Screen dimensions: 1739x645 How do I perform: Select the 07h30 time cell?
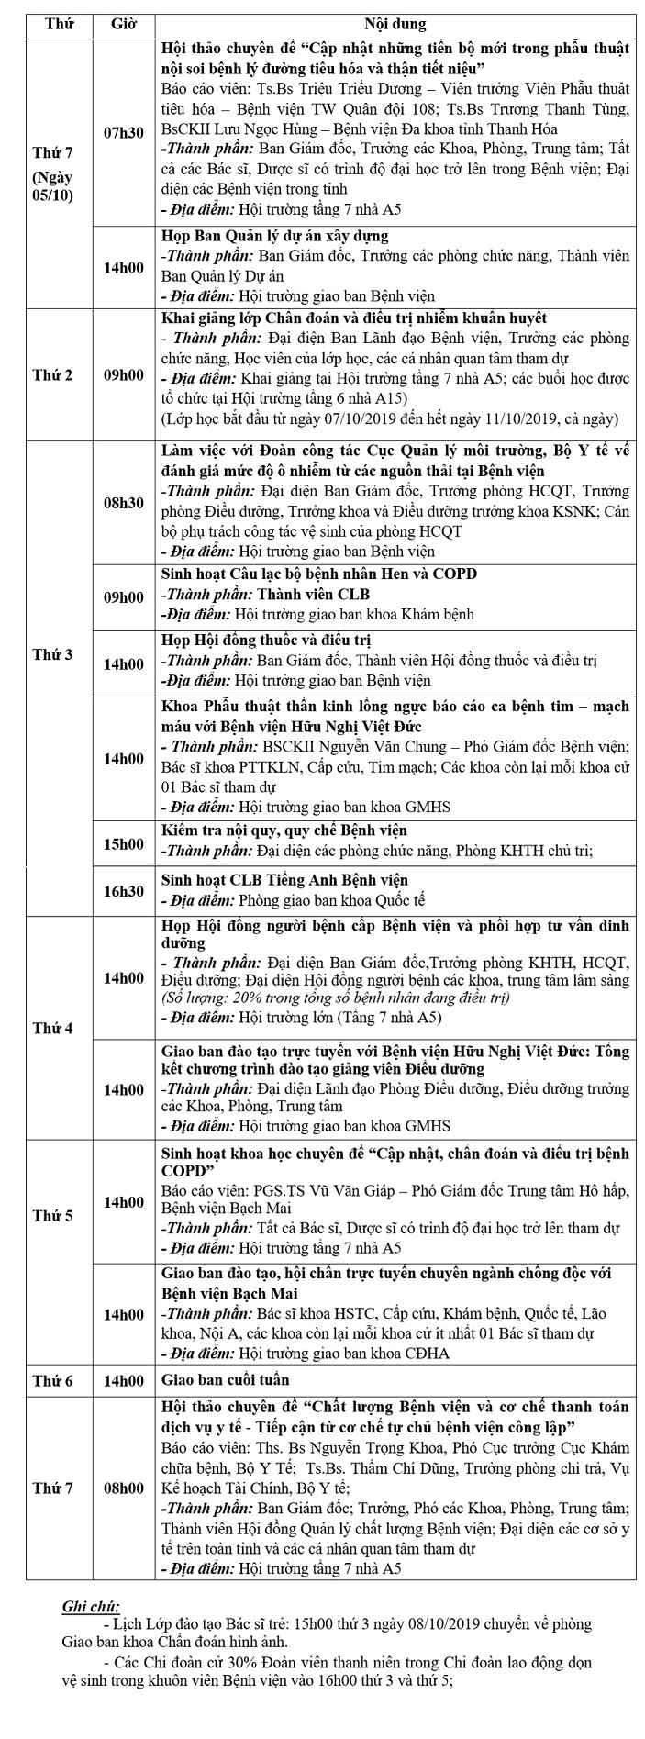tap(124, 133)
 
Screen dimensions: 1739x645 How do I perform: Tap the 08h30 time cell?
tap(124, 504)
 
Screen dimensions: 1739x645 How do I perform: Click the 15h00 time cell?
tap(124, 844)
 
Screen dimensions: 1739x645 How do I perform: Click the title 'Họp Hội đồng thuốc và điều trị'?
tap(266, 640)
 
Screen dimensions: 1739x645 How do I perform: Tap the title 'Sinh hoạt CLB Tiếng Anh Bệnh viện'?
tap(285, 881)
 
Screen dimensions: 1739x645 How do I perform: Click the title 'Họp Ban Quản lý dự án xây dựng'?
tap(274, 236)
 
